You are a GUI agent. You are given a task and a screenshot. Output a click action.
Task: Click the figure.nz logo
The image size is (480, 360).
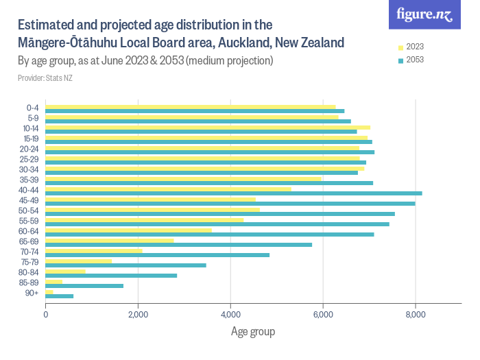[x=424, y=15]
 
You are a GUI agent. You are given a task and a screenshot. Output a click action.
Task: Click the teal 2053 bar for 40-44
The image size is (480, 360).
[x=233, y=193]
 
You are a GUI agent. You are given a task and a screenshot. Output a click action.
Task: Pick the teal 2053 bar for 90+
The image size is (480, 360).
[x=59, y=296]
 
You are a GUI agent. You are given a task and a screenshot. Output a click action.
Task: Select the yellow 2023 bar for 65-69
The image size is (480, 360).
[x=109, y=240]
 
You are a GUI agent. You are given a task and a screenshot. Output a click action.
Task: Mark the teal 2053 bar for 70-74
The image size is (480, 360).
[x=157, y=255]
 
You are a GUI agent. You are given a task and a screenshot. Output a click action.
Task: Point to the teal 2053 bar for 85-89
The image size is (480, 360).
[x=84, y=286]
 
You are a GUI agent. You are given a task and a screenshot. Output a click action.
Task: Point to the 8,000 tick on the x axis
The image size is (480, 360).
[x=416, y=315]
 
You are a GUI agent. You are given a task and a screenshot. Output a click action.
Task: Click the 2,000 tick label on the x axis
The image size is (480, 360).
[x=138, y=315]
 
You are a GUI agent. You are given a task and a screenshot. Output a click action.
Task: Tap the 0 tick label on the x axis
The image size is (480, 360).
[x=45, y=315]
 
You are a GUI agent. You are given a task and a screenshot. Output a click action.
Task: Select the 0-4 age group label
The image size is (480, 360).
[x=32, y=108]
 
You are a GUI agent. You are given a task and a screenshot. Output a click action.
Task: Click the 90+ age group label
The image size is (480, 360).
[x=33, y=293]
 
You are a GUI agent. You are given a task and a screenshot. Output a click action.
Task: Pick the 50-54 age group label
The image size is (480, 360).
[x=30, y=211]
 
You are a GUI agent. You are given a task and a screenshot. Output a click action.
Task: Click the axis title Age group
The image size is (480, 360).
[x=252, y=332]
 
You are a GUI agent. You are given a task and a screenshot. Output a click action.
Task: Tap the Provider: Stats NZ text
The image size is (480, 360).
[x=45, y=78]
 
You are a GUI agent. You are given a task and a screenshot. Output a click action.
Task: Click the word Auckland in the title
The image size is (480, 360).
[x=243, y=43]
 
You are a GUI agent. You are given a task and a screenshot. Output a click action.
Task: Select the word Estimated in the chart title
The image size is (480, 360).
[x=47, y=25]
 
